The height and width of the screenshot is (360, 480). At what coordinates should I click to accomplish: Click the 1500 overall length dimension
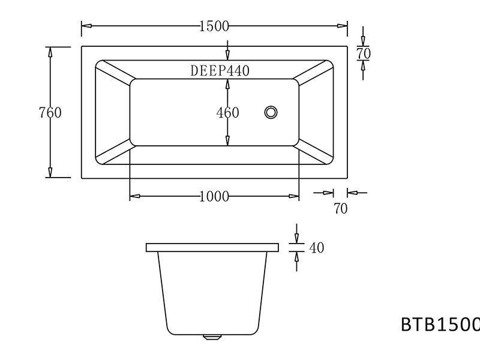(215, 26)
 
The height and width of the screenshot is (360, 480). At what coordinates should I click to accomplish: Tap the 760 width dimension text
(50, 112)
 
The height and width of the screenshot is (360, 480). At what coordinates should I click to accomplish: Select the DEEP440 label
(220, 70)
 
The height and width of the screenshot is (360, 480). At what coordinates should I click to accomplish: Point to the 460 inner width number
(227, 112)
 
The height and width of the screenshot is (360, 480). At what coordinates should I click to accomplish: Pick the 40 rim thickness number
(316, 247)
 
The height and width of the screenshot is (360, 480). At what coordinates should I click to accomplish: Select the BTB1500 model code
(440, 324)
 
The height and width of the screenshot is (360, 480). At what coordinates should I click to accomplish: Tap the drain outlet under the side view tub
(212, 337)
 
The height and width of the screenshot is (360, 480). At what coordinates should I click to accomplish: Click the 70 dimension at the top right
(364, 53)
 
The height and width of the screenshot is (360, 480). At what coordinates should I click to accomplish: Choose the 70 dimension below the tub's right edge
(340, 208)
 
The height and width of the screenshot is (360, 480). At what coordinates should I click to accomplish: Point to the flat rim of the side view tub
(212, 247)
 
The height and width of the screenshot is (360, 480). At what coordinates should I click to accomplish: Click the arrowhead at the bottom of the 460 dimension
(227, 142)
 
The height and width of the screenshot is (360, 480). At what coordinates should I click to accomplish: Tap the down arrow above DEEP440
(227, 52)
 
